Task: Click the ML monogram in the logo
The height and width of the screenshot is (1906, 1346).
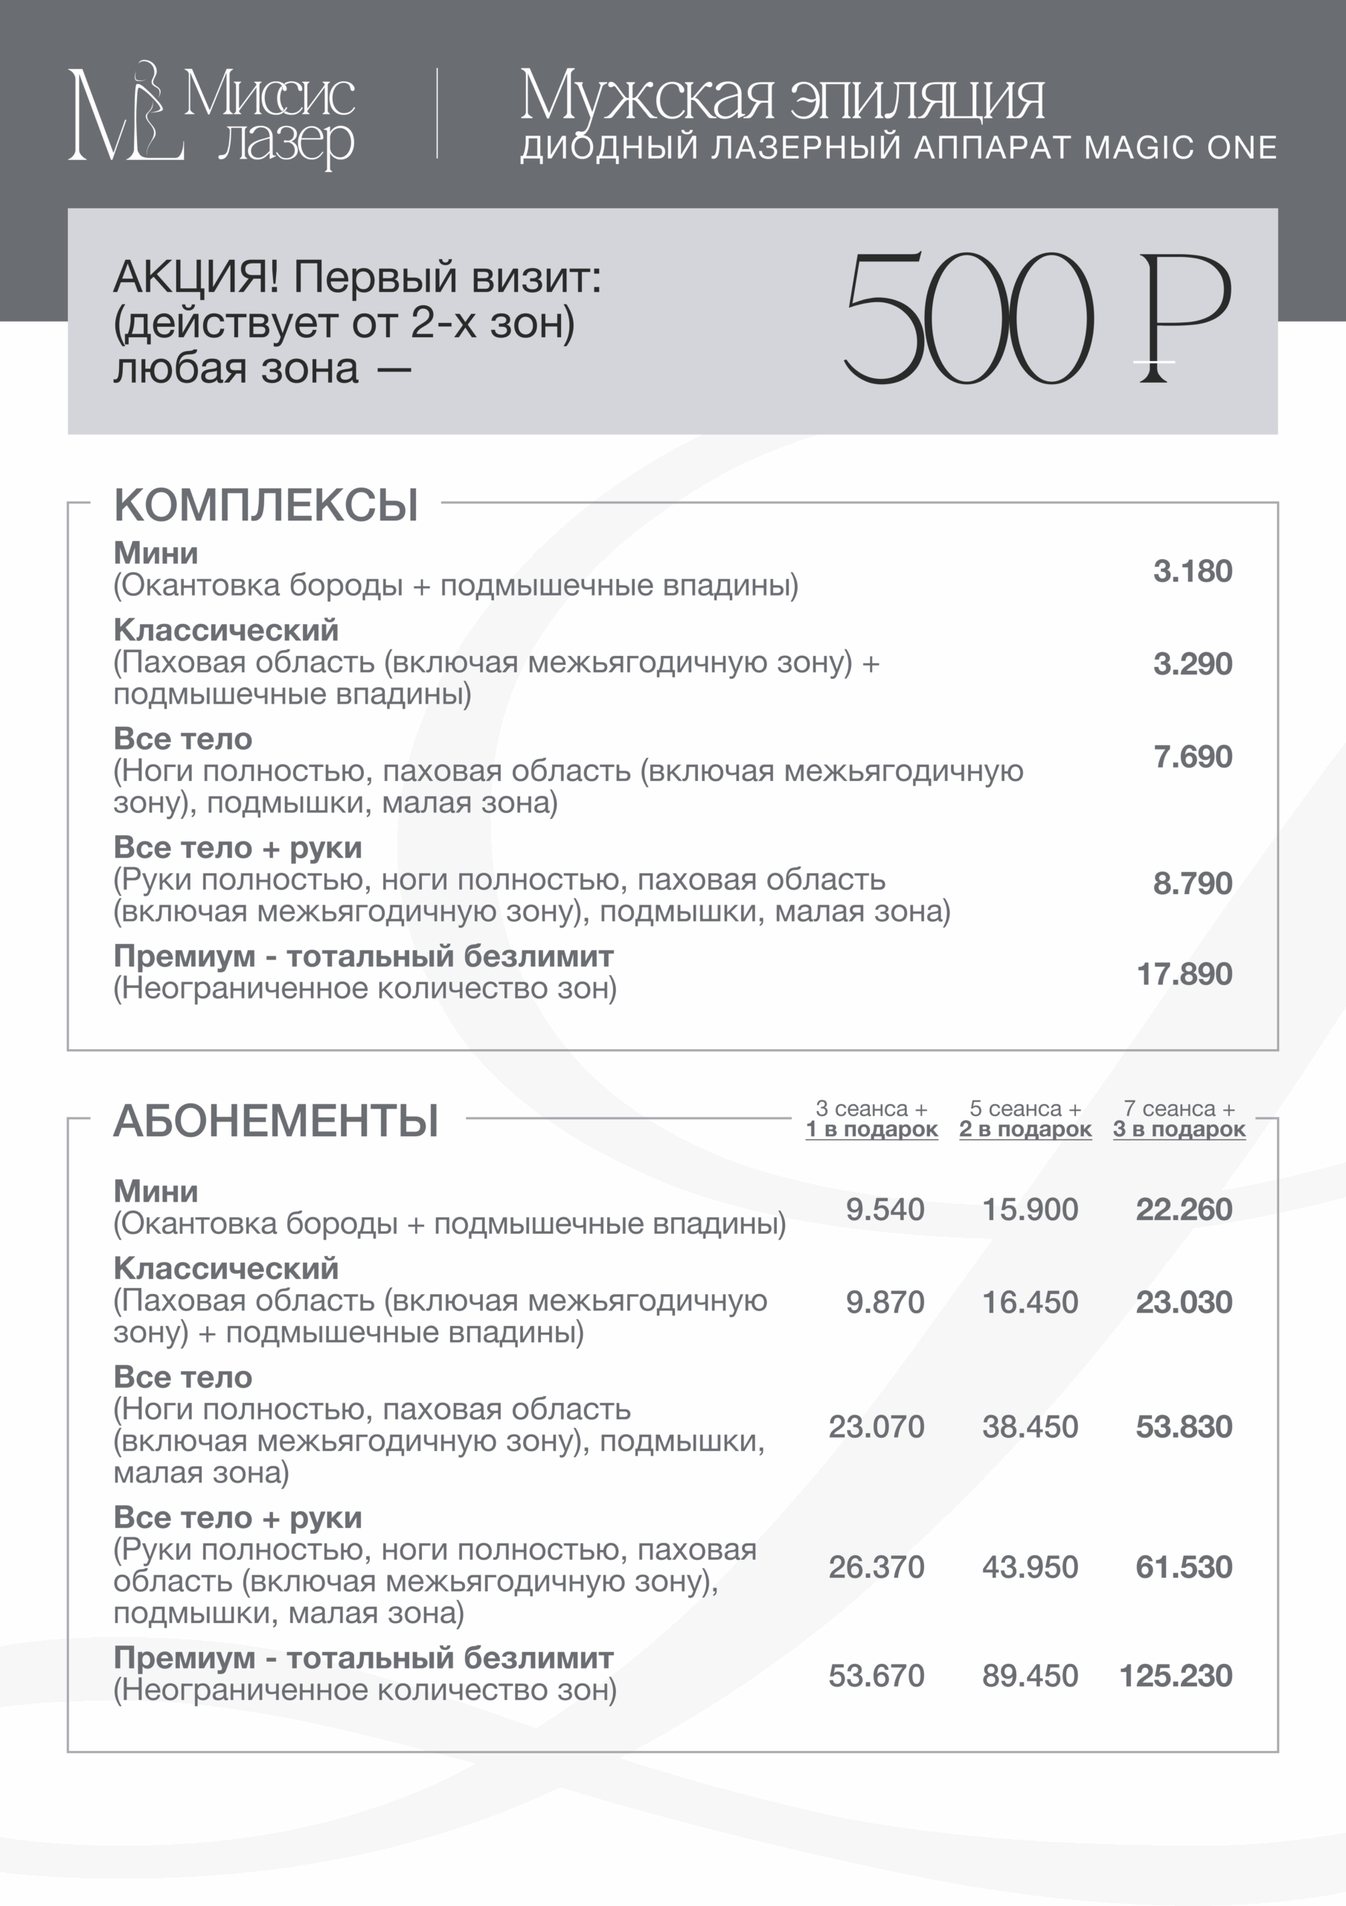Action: tap(124, 115)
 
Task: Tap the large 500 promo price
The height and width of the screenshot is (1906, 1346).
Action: tap(967, 319)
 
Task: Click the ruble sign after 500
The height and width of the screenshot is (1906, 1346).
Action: tap(1182, 319)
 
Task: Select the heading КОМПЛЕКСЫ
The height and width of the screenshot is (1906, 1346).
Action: tap(266, 506)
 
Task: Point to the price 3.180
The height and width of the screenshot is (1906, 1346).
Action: tap(1192, 571)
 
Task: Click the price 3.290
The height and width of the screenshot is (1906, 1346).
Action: tap(1192, 664)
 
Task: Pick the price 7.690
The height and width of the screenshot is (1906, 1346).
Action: tap(1192, 757)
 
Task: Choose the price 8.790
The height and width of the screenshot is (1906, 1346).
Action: tap(1192, 883)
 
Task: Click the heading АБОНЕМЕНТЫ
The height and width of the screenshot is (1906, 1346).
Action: tap(275, 1121)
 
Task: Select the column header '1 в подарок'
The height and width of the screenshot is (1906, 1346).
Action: tap(871, 1129)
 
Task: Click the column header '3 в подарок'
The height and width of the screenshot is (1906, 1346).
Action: tap(1179, 1129)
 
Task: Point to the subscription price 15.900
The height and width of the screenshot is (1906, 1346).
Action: tap(1030, 1210)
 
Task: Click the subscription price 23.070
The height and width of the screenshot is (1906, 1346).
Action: tap(876, 1427)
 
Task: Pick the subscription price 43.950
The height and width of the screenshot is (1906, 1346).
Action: tap(1030, 1567)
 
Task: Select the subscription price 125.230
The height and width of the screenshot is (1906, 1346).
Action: tap(1175, 1676)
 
